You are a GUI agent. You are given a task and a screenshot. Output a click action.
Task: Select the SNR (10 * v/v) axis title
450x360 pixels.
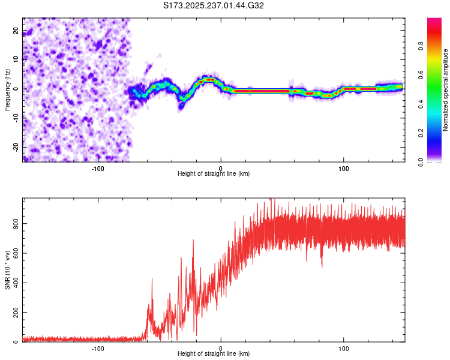7,270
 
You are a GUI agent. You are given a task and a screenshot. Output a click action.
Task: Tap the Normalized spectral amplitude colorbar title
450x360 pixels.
445,90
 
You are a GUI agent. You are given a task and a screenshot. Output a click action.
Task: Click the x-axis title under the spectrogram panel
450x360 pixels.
214,173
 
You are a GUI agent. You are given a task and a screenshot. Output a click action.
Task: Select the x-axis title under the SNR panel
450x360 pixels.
214,353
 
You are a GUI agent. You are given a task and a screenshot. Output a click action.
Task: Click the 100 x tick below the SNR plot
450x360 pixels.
344,347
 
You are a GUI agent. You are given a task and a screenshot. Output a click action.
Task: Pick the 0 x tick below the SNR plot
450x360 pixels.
221,347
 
